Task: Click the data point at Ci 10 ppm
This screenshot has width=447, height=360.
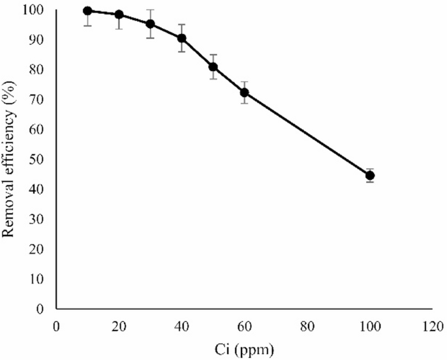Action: click(87, 11)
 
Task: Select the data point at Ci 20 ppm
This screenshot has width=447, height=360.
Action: click(119, 14)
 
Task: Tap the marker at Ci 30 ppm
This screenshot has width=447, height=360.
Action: click(150, 24)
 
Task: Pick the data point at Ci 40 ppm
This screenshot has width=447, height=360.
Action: click(181, 38)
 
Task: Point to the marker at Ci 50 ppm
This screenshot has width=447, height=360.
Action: click(213, 67)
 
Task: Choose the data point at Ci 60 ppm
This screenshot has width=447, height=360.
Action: click(244, 92)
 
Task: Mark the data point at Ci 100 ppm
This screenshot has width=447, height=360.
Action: click(370, 175)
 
